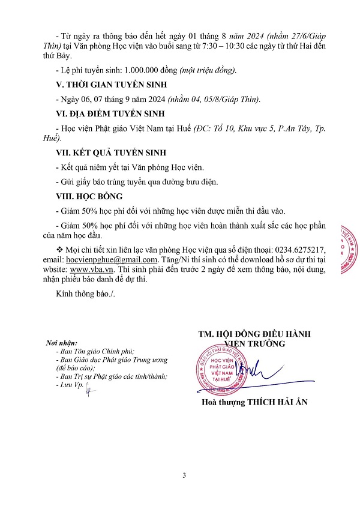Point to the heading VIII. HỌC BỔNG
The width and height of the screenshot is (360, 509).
pyautogui.click(x=89, y=196)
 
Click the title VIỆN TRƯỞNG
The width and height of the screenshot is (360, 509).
pyautogui.click(x=255, y=343)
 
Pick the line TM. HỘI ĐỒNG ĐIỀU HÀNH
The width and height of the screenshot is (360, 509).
pyautogui.click(x=254, y=334)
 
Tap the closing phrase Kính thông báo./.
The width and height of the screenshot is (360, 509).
pyautogui.click(x=76, y=294)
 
